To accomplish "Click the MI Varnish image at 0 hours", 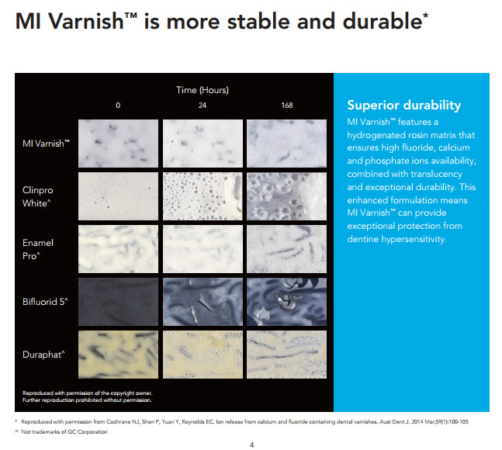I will click(x=116, y=143).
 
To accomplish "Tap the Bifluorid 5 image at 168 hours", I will click(x=285, y=301).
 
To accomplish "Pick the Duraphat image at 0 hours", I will click(x=116, y=354).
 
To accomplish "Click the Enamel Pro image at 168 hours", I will click(x=285, y=248).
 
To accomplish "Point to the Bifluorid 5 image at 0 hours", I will click(x=116, y=301).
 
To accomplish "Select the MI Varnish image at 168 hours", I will click(x=285, y=143).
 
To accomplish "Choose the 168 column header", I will click(x=286, y=106).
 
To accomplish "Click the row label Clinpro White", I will click(x=37, y=196).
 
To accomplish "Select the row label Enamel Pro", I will click(x=36, y=248).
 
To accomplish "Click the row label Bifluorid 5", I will click(x=45, y=301).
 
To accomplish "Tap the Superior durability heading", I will click(x=403, y=106).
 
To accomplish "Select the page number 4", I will click(x=251, y=445).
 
